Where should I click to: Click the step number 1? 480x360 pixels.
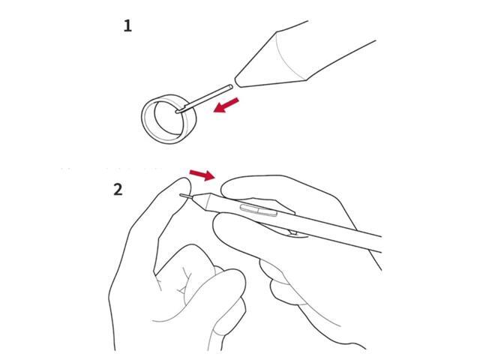pos(127,25)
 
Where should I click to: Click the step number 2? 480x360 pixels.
pos(118,190)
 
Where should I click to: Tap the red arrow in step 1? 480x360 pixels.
pos(226,105)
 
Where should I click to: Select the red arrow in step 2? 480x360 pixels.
pos(202,175)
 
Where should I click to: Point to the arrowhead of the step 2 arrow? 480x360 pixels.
pos(210,176)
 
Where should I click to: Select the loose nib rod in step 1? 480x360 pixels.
pos(204,99)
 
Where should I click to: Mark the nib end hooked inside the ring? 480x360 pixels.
pos(179,112)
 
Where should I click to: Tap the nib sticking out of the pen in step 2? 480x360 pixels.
pos(186,196)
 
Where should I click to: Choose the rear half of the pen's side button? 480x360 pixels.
pos(268,212)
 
